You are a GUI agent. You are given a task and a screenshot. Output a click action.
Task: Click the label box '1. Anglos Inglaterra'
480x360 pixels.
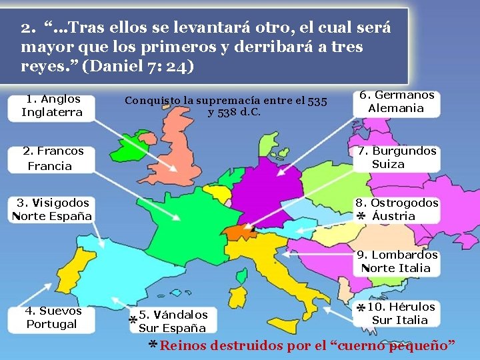click(52, 105)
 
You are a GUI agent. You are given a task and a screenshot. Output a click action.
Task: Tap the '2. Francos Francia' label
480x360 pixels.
click(52, 159)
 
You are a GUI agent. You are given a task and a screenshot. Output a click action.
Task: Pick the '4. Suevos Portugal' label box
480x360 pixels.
click(53, 317)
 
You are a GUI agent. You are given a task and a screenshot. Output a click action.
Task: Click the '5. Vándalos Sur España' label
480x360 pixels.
click(173, 321)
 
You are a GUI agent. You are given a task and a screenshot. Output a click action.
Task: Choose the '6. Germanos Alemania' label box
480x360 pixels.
click(397, 101)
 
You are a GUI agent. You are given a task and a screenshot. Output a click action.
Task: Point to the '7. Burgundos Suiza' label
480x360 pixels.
click(397, 157)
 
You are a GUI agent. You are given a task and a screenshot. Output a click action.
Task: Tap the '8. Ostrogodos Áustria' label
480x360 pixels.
click(397, 209)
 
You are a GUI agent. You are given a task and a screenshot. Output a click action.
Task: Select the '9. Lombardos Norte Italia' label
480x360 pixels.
click(397, 261)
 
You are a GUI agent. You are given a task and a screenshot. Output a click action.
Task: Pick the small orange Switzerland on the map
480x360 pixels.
click(239, 231)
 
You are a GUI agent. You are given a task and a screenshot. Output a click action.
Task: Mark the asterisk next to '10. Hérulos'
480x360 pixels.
click(360, 309)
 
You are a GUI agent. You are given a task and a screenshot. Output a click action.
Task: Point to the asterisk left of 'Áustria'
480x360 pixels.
click(360, 217)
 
